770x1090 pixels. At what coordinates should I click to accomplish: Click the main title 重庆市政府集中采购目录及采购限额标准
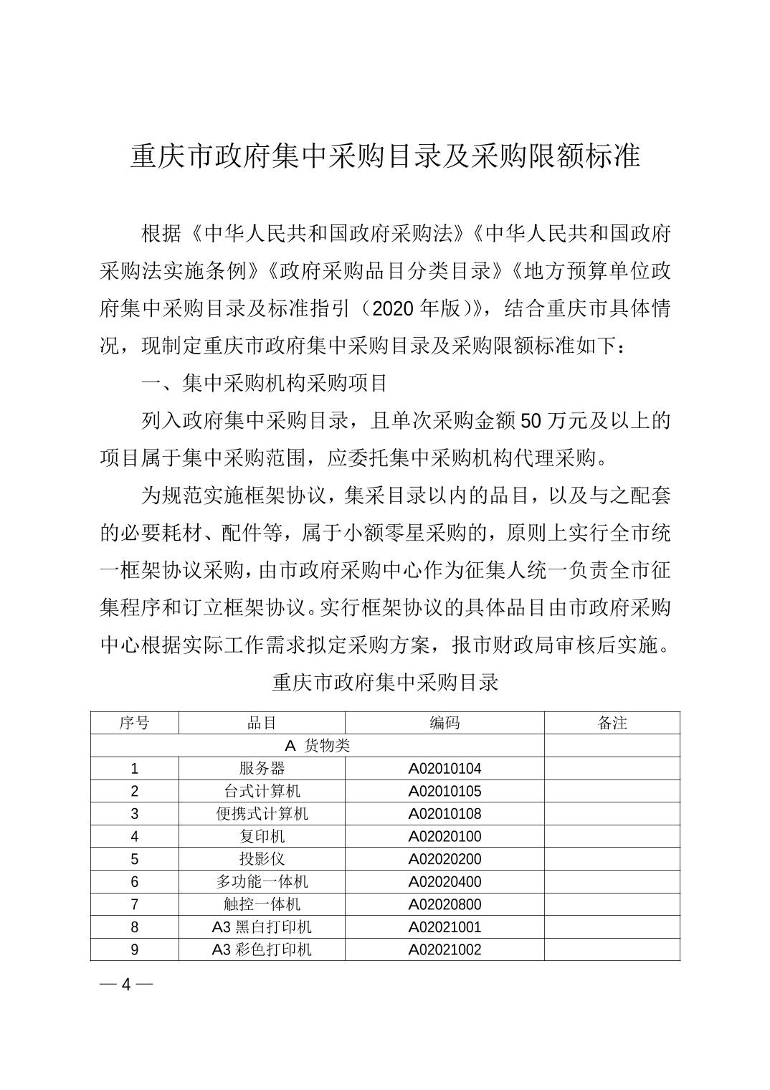pyautogui.click(x=385, y=156)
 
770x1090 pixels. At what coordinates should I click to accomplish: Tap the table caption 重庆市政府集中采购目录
pyautogui.click(x=385, y=682)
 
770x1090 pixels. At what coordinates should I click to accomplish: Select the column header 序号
pyautogui.click(x=134, y=723)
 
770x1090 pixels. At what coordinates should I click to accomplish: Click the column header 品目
pyautogui.click(x=262, y=723)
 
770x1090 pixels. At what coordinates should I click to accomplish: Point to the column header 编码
pyautogui.click(x=445, y=723)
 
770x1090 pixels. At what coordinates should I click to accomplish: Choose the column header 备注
pyautogui.click(x=612, y=723)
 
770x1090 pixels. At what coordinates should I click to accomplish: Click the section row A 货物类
pyautogui.click(x=317, y=746)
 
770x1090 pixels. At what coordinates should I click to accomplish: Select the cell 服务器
pyautogui.click(x=262, y=769)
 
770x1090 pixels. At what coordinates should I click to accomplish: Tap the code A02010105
pyautogui.click(x=445, y=792)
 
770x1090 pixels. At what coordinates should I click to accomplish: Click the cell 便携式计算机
pyautogui.click(x=262, y=814)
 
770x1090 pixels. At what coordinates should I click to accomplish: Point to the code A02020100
pyautogui.click(x=445, y=837)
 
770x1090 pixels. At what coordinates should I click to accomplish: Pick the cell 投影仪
pyautogui.click(x=262, y=859)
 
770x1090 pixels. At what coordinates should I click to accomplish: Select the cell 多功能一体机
pyautogui.click(x=262, y=882)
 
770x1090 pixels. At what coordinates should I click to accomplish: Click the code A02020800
pyautogui.click(x=445, y=905)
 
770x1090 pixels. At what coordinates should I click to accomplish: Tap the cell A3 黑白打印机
pyautogui.click(x=262, y=927)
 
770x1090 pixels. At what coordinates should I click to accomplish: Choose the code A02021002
pyautogui.click(x=445, y=950)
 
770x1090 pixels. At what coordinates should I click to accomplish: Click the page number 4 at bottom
pyautogui.click(x=126, y=985)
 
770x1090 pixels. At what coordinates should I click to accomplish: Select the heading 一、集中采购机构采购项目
pyautogui.click(x=265, y=384)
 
